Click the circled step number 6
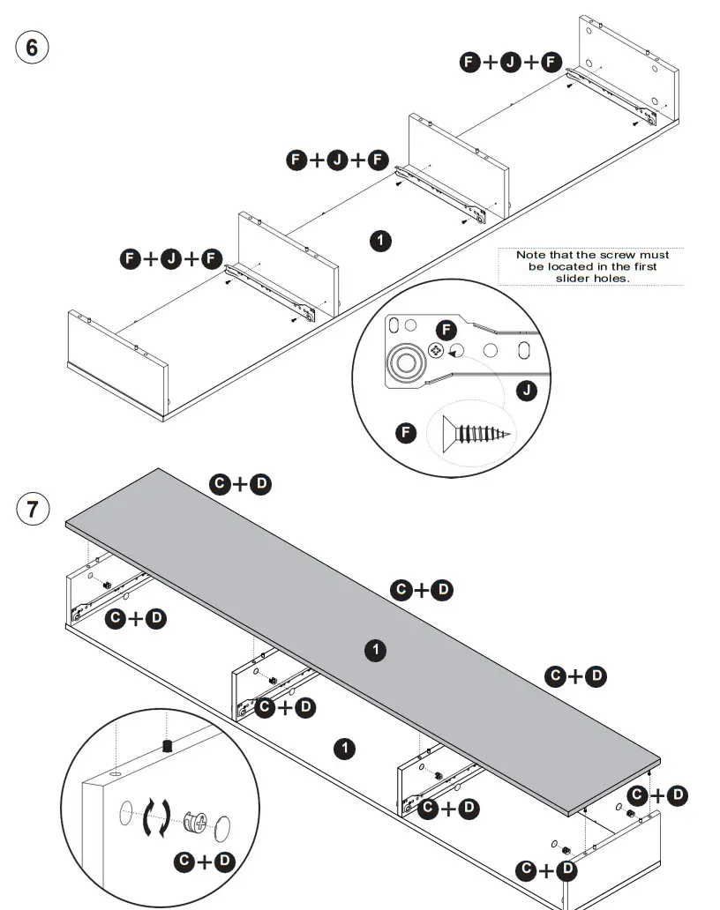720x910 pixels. tap(33, 47)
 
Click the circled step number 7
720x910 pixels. tap(33, 509)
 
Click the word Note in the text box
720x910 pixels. tap(532, 255)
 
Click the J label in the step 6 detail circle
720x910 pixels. tap(527, 390)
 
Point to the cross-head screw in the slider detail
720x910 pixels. tap(435, 351)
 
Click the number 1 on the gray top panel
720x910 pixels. tap(376, 651)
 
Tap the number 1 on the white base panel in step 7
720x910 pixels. tap(345, 749)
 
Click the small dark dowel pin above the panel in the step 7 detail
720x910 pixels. tap(166, 747)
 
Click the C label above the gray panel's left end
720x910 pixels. tap(220, 483)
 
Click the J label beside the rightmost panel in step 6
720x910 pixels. tap(511, 62)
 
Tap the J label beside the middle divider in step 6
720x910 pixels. tap(337, 160)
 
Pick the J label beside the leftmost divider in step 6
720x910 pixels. tap(171, 258)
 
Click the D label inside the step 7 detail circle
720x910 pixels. tap(225, 862)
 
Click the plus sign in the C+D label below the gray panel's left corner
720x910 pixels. tap(135, 619)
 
